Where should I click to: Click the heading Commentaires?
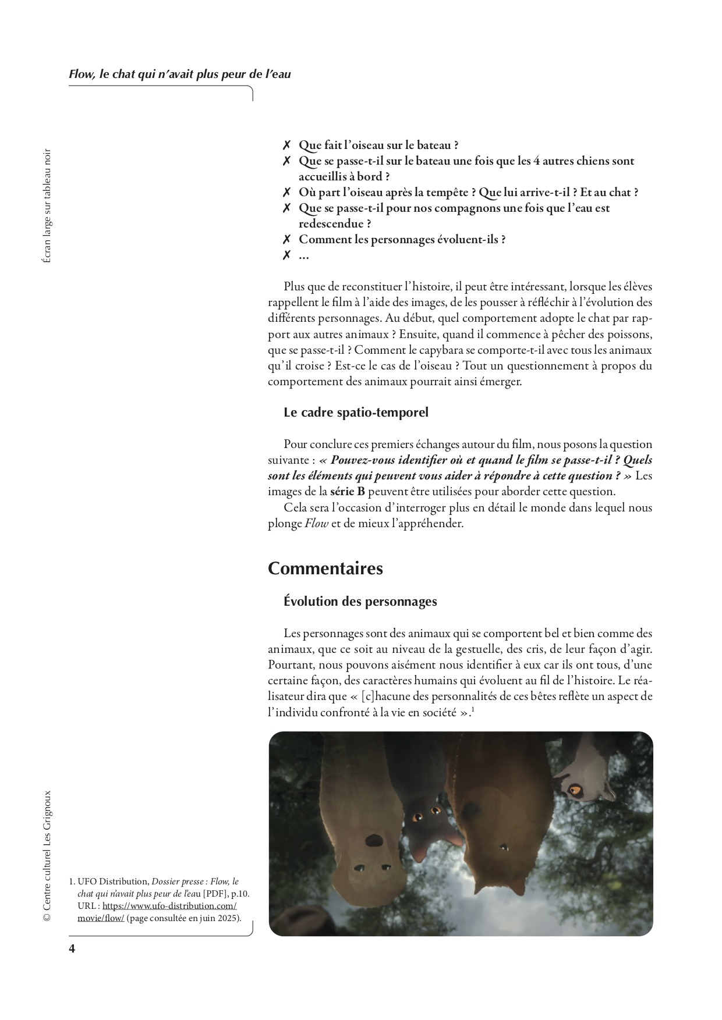[325, 568]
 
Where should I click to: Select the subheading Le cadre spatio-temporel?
[356, 413]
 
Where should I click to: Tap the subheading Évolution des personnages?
[360, 601]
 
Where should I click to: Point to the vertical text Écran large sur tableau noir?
[47, 205]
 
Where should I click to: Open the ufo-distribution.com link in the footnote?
[169, 906]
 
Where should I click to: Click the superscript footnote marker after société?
[473, 709]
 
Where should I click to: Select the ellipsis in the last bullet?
[304, 255]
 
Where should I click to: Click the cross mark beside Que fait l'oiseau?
[286, 145]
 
